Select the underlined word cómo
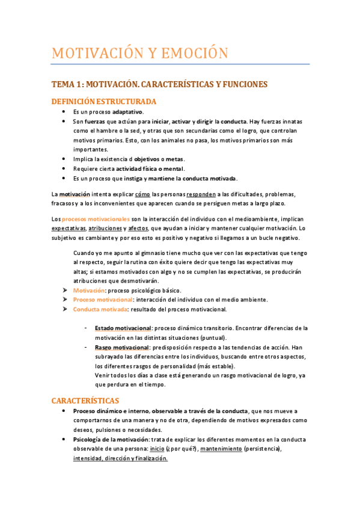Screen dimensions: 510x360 142,194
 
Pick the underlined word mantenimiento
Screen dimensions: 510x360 221,449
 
